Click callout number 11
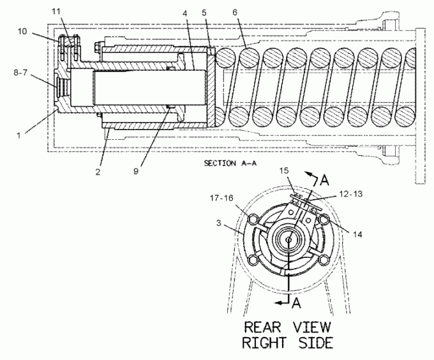tap(56, 11)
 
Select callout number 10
tap(22, 31)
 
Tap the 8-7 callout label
tap(22, 73)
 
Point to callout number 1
tap(19, 136)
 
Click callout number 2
tap(98, 172)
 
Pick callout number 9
tap(135, 171)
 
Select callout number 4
tap(185, 13)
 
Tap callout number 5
tap(204, 13)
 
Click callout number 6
tap(235, 13)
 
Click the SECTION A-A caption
tap(230, 163)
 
